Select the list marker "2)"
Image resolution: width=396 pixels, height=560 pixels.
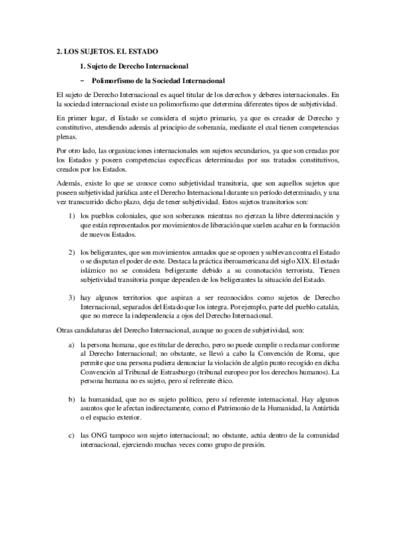coord(72,253)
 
